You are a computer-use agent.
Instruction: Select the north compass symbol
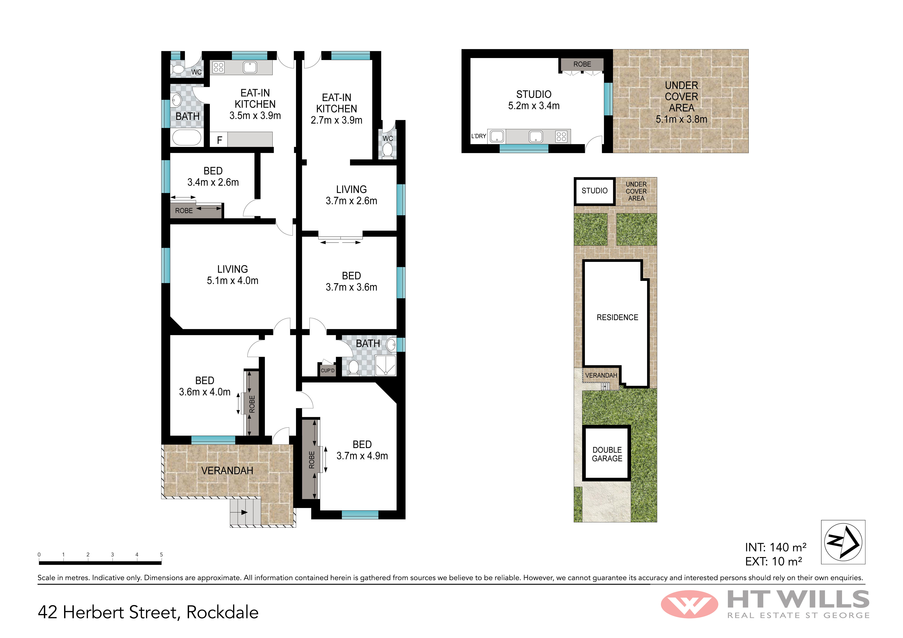[x=843, y=542]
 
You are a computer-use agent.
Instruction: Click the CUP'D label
[x=328, y=370]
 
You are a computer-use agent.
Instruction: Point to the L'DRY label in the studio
[x=479, y=136]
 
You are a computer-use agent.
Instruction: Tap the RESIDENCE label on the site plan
[x=617, y=317]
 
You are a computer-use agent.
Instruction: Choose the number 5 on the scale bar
[x=161, y=554]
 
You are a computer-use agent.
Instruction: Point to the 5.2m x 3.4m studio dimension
[x=534, y=105]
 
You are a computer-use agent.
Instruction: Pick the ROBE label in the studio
[x=582, y=64]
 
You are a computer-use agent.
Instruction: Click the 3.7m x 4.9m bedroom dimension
[x=362, y=456]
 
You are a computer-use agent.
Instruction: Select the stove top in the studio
[x=561, y=136]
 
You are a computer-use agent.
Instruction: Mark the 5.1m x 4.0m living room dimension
[x=232, y=280]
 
